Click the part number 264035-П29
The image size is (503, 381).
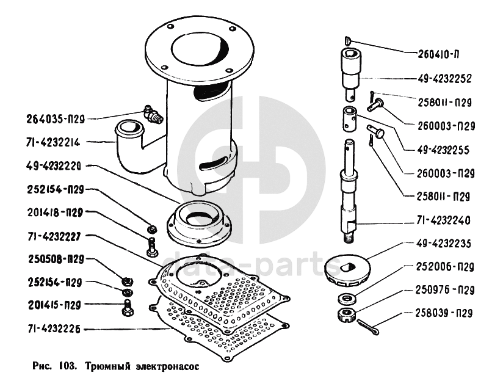(x=55, y=119)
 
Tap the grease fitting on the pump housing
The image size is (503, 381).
(x=153, y=114)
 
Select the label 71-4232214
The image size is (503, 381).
(x=53, y=142)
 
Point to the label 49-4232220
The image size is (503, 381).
(x=54, y=166)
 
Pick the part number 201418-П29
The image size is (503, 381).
(x=55, y=212)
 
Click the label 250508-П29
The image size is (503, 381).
(x=56, y=259)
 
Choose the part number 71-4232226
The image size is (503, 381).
(x=54, y=329)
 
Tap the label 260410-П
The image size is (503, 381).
(x=438, y=54)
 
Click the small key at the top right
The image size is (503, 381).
(x=348, y=40)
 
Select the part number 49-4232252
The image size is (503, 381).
(x=444, y=79)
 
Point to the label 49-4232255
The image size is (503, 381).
(x=443, y=150)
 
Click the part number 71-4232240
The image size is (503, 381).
(x=443, y=220)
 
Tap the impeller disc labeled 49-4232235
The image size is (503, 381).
(x=347, y=269)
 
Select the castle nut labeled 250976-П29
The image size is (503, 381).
(x=347, y=314)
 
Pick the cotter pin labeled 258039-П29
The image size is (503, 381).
(x=369, y=327)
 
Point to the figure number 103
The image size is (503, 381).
(x=67, y=366)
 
